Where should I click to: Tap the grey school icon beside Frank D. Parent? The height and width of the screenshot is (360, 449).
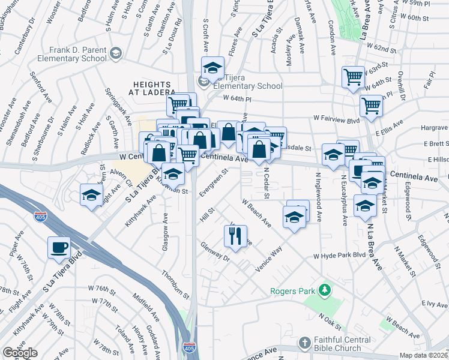click(x=115, y=54)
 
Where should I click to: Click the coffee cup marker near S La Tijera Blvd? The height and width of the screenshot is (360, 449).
click(x=59, y=247)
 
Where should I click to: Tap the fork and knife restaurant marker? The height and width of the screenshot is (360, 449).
click(x=235, y=235)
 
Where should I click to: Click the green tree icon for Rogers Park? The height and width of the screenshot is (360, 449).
click(x=325, y=290)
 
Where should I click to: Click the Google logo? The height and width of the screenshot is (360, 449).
click(x=20, y=353)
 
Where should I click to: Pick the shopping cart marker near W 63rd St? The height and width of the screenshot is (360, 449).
click(x=353, y=76)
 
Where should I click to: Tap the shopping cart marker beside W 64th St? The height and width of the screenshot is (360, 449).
click(x=371, y=105)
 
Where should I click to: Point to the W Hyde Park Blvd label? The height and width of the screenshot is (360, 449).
click(x=339, y=256)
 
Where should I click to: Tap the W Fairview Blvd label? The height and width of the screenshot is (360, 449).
click(x=336, y=119)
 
